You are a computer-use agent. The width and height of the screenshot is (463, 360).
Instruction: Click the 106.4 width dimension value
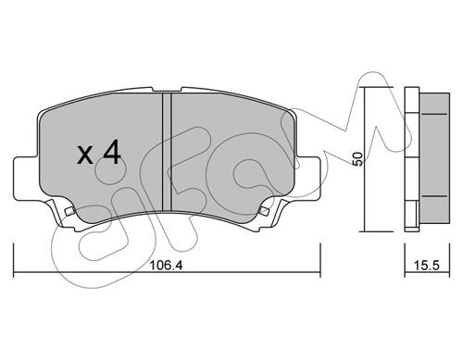tap(166, 265)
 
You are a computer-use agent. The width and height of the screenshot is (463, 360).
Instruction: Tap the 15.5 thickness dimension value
tap(427, 265)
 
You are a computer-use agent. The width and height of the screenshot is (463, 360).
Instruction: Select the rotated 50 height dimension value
tap(357, 159)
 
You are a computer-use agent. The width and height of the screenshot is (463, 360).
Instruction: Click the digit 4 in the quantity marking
tap(112, 152)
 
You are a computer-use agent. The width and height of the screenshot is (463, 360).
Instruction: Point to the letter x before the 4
tap(85, 155)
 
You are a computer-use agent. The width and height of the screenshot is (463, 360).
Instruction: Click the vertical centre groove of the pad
tap(167, 152)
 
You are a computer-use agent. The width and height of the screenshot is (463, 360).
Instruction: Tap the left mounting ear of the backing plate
tap(27, 179)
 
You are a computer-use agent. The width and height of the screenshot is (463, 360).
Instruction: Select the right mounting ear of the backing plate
tap(307, 178)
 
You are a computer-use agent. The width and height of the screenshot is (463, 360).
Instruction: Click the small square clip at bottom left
tap(69, 211)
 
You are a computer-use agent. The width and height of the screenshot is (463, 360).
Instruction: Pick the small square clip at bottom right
tap(264, 211)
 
